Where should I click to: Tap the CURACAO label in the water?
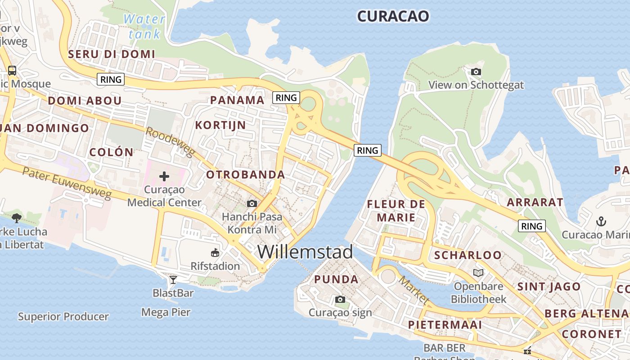(x=393, y=16)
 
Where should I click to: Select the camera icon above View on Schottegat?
(x=476, y=72)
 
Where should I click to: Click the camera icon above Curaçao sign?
(x=340, y=299)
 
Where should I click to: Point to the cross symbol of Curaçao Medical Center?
(x=164, y=176)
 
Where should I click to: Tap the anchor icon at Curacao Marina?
(x=601, y=221)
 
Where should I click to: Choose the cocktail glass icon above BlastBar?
(x=173, y=280)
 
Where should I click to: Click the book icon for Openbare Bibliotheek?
(x=478, y=273)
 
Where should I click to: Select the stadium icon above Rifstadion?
(x=215, y=253)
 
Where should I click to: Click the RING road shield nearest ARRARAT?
(x=531, y=226)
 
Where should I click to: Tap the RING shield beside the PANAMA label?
(x=286, y=98)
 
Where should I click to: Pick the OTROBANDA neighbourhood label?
(x=245, y=175)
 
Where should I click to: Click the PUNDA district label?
(x=336, y=279)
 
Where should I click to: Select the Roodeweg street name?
(x=170, y=142)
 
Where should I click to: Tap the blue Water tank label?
(x=144, y=27)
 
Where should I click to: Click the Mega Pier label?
(x=166, y=312)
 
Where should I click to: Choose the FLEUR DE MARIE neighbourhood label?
(x=396, y=211)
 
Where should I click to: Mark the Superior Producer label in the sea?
(x=63, y=317)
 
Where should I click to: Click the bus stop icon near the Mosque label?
(x=12, y=71)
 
